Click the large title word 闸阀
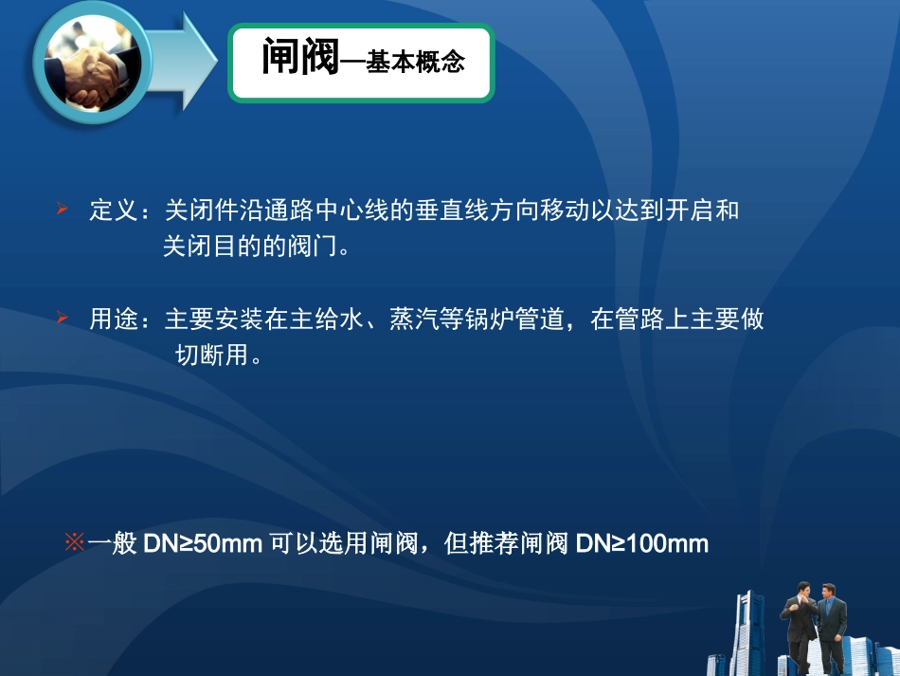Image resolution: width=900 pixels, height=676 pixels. point(300,59)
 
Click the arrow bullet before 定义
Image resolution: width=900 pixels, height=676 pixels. point(63,208)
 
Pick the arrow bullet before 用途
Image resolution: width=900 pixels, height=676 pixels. point(63,318)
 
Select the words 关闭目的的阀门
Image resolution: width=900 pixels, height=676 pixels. point(249,247)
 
